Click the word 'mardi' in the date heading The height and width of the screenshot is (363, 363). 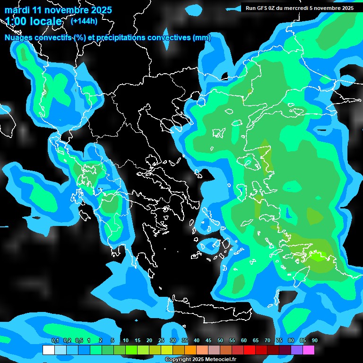tap(17, 9)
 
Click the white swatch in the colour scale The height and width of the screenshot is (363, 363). tap(48, 350)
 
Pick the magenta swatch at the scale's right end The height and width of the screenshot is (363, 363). tap(308, 350)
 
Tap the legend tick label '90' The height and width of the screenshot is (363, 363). tap(314, 341)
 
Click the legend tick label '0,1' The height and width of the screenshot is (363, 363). tap(55, 341)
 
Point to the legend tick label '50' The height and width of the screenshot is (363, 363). tap(220, 341)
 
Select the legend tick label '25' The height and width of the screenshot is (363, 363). tap(161, 341)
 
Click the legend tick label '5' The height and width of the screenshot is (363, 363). tap(112, 341)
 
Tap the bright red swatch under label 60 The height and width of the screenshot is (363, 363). tap(249, 350)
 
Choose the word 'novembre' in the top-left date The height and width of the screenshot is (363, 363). tap(62, 9)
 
